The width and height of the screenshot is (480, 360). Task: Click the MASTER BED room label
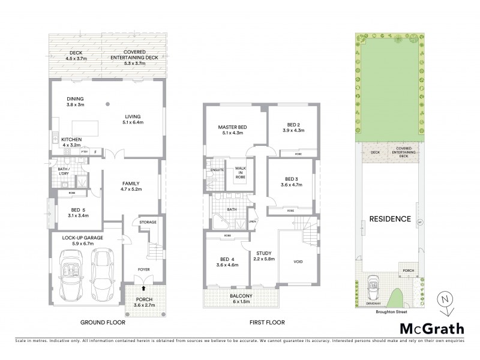pyautogui.click(x=232, y=127)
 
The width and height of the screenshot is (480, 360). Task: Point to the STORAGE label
pyautogui.click(x=148, y=222)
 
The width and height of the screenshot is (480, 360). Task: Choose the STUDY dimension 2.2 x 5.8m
pyautogui.click(x=264, y=259)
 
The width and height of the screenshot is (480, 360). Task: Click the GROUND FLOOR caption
pyautogui.click(x=101, y=322)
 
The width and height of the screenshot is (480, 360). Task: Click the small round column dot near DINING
pyautogui.click(x=107, y=104)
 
